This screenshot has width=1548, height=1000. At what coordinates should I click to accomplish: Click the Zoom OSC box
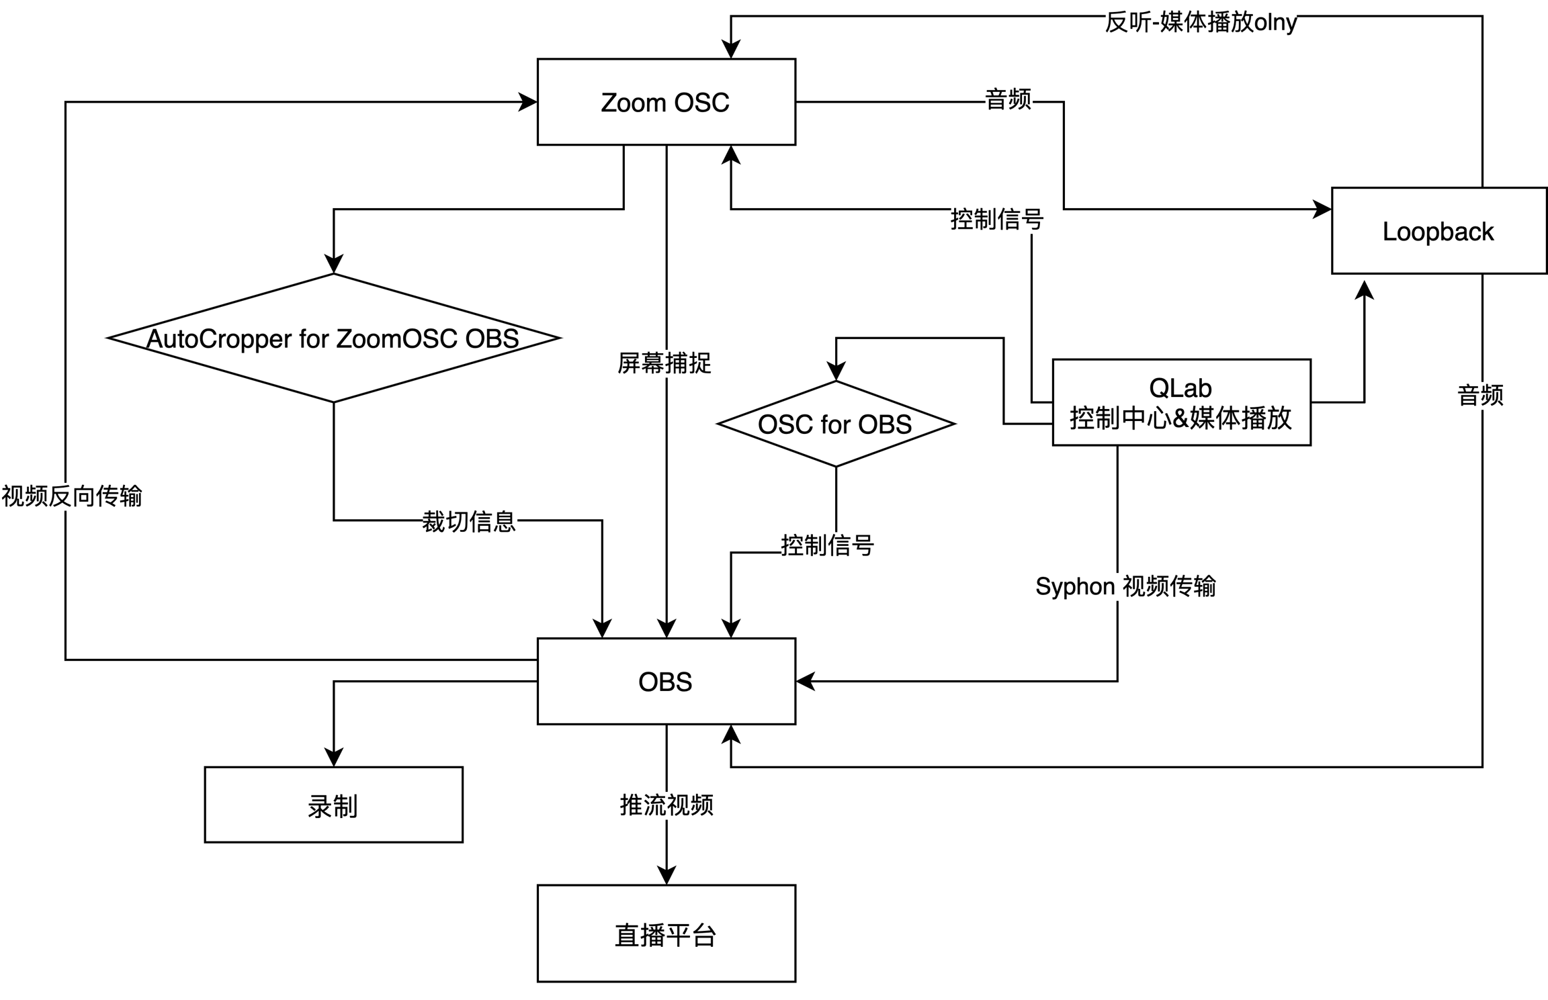(x=666, y=102)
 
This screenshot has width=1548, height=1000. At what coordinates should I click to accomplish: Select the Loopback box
(x=1438, y=231)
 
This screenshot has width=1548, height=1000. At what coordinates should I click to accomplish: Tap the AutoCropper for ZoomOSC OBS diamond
(x=333, y=338)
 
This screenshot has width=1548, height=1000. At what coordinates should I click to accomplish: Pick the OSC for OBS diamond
(x=835, y=424)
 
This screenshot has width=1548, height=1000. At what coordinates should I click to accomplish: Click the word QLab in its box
(x=1180, y=388)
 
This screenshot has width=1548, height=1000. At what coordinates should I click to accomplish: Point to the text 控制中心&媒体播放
(x=1180, y=418)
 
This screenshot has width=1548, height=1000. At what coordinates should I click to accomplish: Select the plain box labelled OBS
(x=666, y=681)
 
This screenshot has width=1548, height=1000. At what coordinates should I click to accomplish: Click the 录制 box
(x=333, y=805)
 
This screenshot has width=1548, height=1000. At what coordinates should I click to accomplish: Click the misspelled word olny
(x=1275, y=23)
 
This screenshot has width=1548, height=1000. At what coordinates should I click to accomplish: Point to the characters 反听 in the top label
(x=1125, y=23)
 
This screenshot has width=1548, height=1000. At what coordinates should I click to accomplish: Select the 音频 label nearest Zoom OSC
(x=1008, y=99)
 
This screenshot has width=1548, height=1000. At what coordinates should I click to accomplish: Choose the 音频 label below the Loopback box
(x=1481, y=395)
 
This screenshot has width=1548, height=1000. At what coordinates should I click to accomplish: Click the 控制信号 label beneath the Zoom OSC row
(x=998, y=220)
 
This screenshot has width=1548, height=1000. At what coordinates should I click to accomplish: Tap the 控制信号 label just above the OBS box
(x=828, y=545)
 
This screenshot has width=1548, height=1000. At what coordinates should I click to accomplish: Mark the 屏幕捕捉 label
(x=665, y=363)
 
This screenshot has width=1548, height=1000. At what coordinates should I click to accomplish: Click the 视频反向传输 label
(x=73, y=496)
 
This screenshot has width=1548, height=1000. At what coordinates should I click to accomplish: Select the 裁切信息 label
(x=470, y=522)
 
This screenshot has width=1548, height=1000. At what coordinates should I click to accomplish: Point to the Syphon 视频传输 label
(x=1125, y=586)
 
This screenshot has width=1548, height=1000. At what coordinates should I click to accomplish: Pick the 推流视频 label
(x=666, y=805)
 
